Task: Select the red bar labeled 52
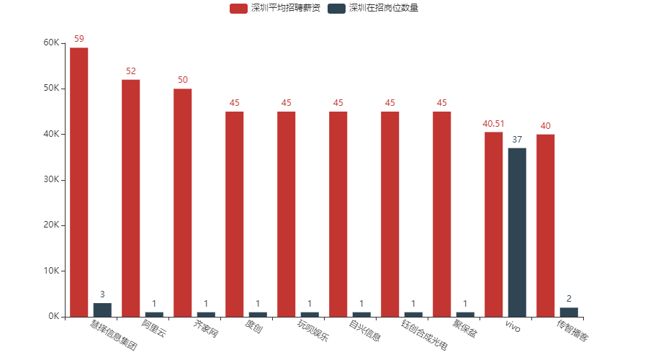pos(131,197)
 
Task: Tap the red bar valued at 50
pos(183,202)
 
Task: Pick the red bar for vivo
pos(494,224)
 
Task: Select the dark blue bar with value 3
pos(102,310)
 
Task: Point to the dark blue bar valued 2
pos(569,312)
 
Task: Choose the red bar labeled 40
pos(546,225)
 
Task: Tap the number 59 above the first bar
pos(79,39)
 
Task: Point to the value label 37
pos(517,140)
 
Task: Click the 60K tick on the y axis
pos(51,42)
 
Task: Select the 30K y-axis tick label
pos(51,180)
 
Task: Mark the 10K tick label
pos(51,271)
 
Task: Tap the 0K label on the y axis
pos(53,317)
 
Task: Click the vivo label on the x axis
pos(512,328)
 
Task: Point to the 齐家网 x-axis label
pos(205,330)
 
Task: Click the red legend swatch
pos(238,9)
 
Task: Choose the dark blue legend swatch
pos(336,9)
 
